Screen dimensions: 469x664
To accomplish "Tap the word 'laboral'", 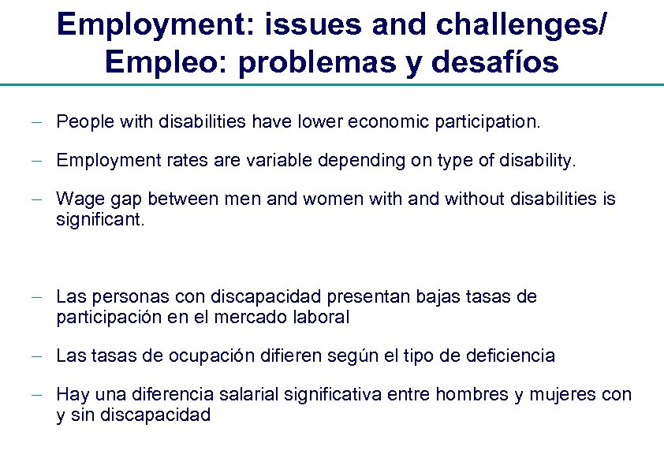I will pyautogui.click(x=322, y=318).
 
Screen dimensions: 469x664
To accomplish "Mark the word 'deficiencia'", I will pyautogui.click(x=509, y=355).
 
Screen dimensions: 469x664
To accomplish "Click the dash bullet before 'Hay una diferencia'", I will pyautogui.click(x=39, y=394).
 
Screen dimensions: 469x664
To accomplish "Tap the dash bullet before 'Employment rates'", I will pyautogui.click(x=39, y=162).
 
